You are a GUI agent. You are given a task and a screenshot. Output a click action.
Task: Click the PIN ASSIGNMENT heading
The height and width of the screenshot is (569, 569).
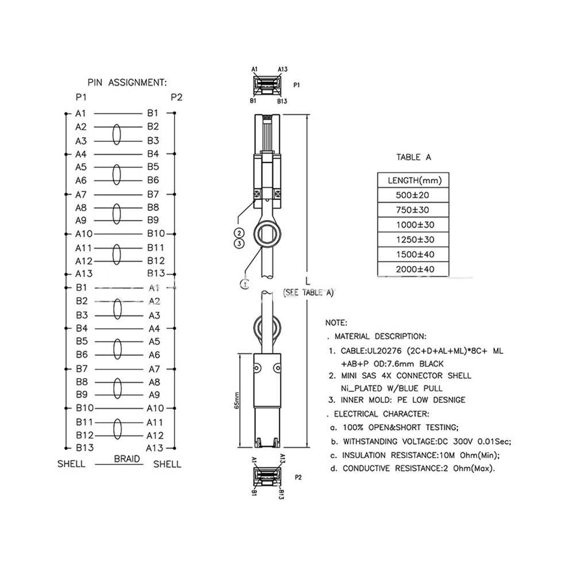coord(127,83)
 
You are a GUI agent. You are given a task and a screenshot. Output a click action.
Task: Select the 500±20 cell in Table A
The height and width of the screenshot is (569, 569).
coord(413,195)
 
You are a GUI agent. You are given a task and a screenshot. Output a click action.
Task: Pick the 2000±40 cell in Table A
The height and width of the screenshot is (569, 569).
coord(413,270)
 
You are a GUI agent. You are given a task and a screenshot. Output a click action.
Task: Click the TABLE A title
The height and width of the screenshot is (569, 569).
coord(413,157)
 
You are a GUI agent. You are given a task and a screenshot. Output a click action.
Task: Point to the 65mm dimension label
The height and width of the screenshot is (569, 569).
coord(237,401)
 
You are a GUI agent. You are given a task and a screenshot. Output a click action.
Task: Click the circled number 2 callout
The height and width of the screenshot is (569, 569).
coord(239,233)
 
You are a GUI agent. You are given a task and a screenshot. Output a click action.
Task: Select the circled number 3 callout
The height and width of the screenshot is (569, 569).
coord(239,244)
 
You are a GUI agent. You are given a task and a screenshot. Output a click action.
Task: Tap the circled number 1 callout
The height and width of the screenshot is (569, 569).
coord(245,284)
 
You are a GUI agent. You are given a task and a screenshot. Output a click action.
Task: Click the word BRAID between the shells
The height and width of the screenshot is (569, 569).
coord(126,459)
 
